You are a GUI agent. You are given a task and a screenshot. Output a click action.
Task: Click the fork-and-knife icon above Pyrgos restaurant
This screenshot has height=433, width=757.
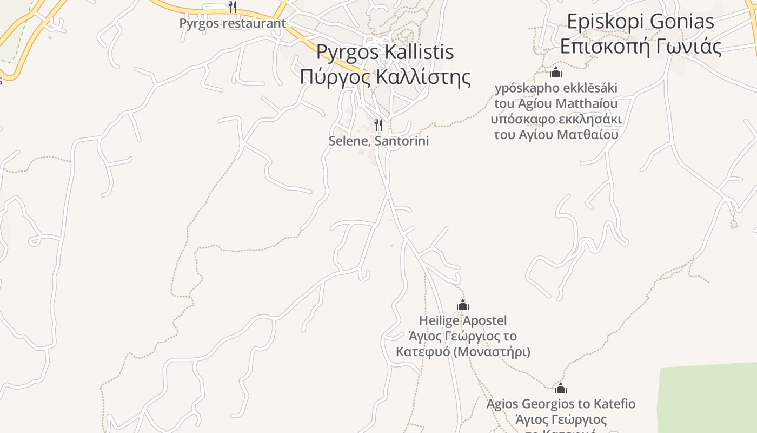(233, 7)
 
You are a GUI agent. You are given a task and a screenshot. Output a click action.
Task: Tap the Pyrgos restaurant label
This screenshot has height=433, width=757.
(233, 23)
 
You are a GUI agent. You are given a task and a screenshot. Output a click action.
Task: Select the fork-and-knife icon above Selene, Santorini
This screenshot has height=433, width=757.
(378, 125)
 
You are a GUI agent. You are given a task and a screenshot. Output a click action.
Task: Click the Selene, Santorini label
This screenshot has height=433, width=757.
(378, 141)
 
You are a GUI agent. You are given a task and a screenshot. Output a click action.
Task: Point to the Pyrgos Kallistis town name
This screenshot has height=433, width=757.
(385, 52)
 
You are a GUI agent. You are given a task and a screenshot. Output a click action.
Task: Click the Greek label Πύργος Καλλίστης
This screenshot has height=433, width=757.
(385, 76)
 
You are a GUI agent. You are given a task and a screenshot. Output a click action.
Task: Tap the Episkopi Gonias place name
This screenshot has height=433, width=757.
(640, 22)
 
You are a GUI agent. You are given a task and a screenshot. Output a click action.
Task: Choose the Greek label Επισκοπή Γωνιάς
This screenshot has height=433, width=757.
(640, 47)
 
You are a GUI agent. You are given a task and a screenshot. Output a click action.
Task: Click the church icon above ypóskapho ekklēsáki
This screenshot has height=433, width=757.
(556, 72)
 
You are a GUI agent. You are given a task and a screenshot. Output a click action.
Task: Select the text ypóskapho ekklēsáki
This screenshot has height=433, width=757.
(556, 88)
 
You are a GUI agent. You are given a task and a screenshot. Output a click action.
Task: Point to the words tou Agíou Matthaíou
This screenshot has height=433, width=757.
(556, 103)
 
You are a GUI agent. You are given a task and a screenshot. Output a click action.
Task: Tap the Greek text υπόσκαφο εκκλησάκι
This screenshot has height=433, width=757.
(556, 119)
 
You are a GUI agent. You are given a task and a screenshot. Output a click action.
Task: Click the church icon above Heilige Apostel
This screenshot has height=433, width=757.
(463, 305)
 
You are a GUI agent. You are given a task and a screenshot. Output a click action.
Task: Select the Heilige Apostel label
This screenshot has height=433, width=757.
(463, 320)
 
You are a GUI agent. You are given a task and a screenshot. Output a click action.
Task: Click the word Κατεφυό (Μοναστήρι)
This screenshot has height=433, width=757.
(463, 352)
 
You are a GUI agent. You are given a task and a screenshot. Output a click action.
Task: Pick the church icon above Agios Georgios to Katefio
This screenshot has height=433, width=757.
(561, 388)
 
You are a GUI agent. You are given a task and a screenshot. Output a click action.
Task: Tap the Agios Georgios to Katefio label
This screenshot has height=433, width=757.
(561, 404)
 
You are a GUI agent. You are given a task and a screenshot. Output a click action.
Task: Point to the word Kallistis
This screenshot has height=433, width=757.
(419, 52)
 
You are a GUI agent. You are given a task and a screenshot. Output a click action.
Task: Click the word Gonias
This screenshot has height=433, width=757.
(682, 22)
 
